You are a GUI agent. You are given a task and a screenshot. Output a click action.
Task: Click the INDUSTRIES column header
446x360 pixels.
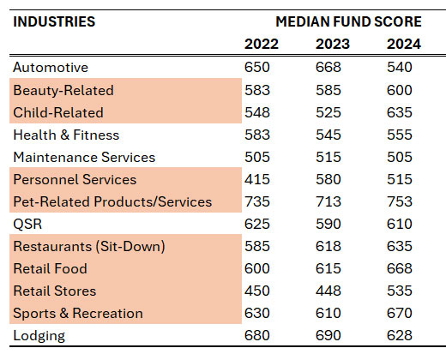tap(54, 21)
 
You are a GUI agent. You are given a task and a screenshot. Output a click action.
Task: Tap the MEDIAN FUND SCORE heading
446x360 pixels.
tap(348, 21)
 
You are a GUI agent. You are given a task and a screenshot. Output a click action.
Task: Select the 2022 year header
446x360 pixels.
tap(262, 44)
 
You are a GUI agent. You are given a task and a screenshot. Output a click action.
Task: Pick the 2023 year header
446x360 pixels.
tap(333, 44)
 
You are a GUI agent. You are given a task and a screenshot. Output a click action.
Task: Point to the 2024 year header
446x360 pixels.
tap(404, 44)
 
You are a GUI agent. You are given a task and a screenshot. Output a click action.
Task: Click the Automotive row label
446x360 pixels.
tap(51, 68)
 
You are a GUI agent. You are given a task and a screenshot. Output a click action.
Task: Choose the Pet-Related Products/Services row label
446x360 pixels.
tap(112, 201)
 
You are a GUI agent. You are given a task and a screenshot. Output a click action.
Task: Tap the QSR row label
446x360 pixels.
tap(27, 224)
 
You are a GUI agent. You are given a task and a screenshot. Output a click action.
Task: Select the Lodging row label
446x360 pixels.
tap(39, 335)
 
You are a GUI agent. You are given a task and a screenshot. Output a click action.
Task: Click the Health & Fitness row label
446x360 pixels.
tap(66, 135)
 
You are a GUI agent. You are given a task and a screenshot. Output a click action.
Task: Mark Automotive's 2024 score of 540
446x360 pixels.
tap(400, 67)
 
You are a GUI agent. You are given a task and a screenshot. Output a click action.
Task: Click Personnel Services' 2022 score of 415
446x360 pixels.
tap(257, 179)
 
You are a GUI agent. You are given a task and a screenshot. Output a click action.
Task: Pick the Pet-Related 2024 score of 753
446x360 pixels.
tap(400, 201)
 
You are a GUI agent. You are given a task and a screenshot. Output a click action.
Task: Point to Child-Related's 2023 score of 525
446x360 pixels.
tap(328, 112)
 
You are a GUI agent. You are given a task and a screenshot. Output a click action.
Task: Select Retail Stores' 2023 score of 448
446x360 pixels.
tap(328, 291)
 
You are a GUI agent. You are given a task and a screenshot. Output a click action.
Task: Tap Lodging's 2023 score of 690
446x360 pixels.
tap(328, 335)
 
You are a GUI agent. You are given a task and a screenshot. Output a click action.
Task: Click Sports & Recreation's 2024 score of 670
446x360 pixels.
tap(400, 313)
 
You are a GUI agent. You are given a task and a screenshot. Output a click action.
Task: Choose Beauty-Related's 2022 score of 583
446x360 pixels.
tap(257, 90)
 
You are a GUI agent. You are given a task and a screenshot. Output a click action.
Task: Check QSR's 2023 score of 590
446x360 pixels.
tap(328, 224)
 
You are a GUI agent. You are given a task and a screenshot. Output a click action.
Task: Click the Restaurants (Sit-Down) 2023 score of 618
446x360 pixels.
tap(328, 246)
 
